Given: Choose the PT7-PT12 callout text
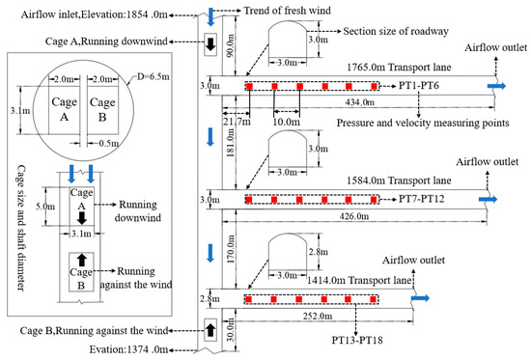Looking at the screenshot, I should pos(427,200).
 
